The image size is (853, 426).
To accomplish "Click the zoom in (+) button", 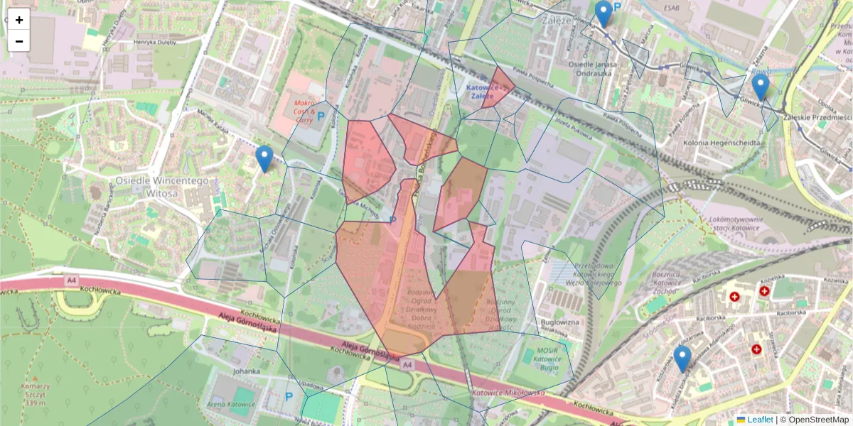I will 19,20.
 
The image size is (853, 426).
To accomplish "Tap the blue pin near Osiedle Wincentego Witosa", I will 264,158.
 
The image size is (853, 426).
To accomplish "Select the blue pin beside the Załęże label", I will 603,13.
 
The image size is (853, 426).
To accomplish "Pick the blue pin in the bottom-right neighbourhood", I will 682,359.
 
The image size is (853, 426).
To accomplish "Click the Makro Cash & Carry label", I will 304,112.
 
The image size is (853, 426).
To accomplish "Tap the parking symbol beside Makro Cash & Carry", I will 321,116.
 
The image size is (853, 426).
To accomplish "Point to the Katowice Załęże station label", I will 490,92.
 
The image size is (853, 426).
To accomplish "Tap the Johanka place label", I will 246,371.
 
